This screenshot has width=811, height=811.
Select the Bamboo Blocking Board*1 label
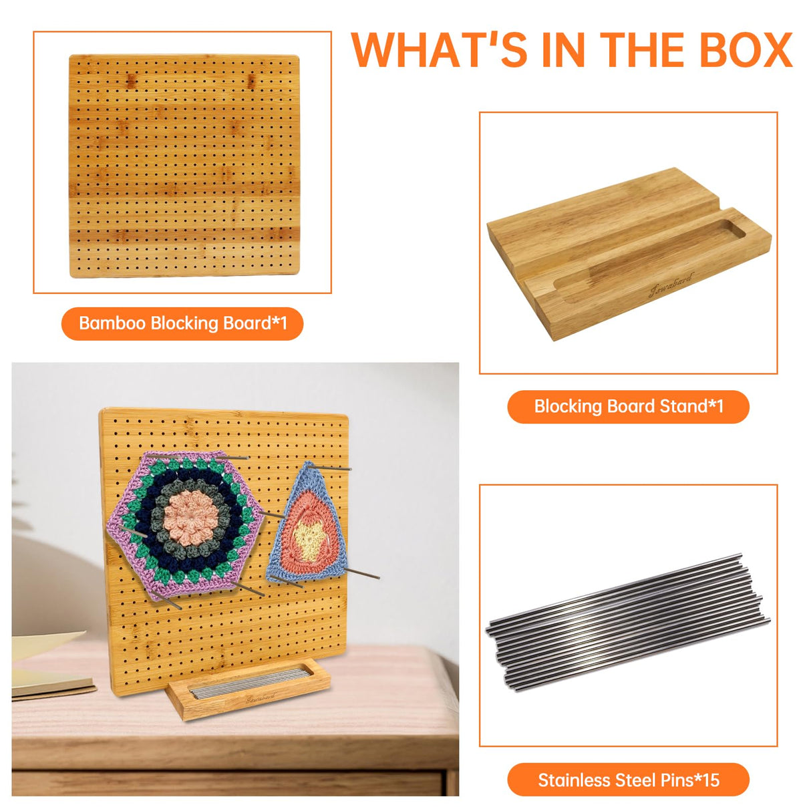(182, 323)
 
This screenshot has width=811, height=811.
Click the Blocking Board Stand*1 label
(628, 406)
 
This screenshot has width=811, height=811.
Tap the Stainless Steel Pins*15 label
(628, 780)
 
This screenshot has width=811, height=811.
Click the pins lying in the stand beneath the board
(247, 683)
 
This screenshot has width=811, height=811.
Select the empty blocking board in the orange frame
(184, 165)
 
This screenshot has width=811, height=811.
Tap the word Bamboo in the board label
(112, 323)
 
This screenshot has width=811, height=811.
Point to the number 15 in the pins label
(710, 780)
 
